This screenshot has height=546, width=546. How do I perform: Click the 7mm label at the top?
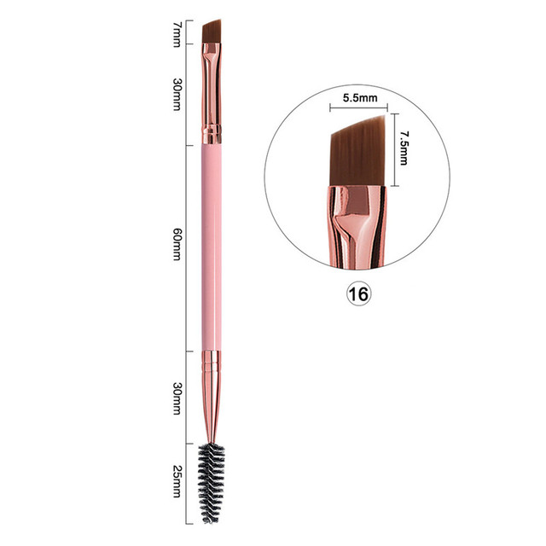(x=177, y=33)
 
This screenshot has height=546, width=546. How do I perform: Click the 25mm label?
(x=177, y=479)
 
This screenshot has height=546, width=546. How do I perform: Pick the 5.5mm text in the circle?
(x=359, y=98)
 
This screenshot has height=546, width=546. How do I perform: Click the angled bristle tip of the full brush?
(x=212, y=32)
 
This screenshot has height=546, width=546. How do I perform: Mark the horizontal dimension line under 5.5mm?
(x=358, y=108)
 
